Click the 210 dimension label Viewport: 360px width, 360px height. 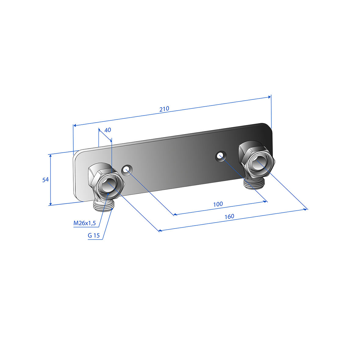pos(164,109)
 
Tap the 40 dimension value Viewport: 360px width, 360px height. pos(108,130)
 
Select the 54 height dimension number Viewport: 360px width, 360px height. pos(45,180)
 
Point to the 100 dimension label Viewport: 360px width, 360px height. pos(218,204)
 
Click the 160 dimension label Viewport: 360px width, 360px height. pos(229,216)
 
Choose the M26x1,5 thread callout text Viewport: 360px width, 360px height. pos(84,223)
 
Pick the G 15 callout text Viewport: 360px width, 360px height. pos(94,235)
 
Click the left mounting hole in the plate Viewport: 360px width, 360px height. pos(127,170)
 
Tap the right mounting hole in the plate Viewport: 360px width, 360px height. pos(221,156)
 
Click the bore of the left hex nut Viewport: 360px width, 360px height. pos(108,184)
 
